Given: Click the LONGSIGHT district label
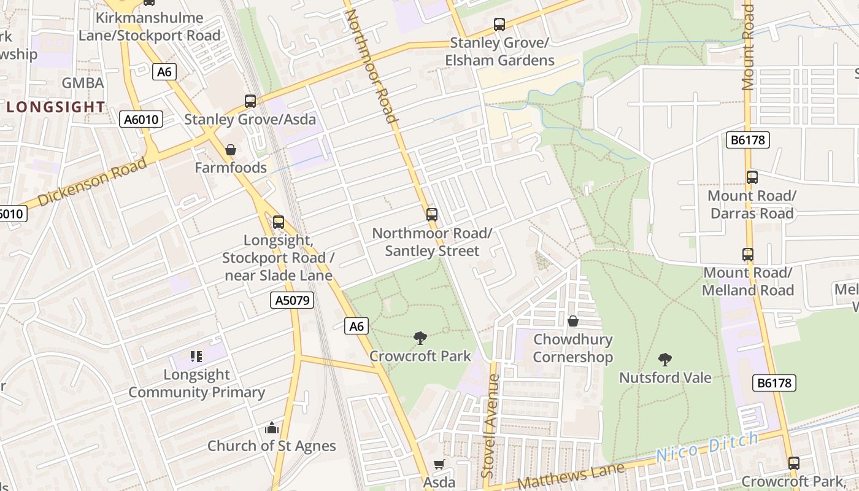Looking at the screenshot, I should (56, 107).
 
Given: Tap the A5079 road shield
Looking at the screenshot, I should (292, 300).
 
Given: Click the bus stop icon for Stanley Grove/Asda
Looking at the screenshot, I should (250, 101).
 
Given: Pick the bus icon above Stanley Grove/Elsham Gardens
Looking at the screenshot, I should (499, 25).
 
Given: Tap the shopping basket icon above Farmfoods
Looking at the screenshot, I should (231, 150).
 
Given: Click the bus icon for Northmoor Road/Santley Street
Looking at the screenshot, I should (432, 215).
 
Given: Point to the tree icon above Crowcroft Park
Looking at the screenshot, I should (420, 338).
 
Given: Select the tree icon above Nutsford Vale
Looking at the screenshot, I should (665, 360).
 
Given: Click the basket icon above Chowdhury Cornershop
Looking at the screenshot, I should (572, 321).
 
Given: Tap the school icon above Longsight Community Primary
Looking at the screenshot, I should (196, 357).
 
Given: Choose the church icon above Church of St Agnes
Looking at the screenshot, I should (271, 428).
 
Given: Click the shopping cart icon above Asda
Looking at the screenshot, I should (439, 465).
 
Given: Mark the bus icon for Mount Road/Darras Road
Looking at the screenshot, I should (752, 177).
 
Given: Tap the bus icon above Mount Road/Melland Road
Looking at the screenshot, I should (748, 254).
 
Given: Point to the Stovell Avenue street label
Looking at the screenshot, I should (489, 426).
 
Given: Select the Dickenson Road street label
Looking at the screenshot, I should (92, 182).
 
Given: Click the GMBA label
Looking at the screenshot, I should (83, 83).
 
